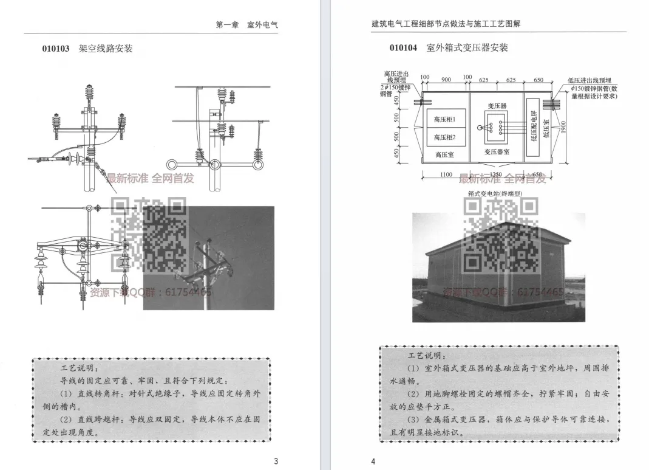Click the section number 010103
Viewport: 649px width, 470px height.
(x=56, y=49)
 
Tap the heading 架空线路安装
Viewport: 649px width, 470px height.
(x=106, y=49)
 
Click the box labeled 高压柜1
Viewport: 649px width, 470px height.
(x=445, y=120)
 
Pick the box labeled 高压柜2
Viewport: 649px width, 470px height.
(x=445, y=137)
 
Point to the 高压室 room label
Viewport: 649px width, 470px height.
(x=444, y=155)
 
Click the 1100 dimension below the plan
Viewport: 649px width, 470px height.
(x=446, y=175)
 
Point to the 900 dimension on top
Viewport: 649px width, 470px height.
(x=446, y=79)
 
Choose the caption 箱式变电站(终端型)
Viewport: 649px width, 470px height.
(x=495, y=194)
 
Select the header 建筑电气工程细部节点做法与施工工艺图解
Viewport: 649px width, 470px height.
(x=446, y=24)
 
